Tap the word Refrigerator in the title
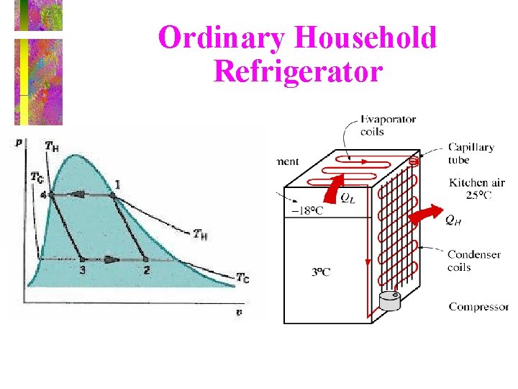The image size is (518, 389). click(x=297, y=71)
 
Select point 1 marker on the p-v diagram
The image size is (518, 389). click(x=112, y=194)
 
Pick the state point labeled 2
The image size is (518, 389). click(x=145, y=259)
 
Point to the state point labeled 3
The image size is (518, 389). click(x=82, y=259)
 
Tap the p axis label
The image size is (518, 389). click(x=19, y=142)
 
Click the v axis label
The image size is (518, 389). click(x=240, y=311)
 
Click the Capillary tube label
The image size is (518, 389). click(x=471, y=153)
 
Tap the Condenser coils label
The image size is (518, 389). click(x=469, y=261)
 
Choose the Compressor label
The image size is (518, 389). click(x=478, y=307)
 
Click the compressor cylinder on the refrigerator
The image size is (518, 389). click(x=393, y=300)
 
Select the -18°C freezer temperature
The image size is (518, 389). click(x=307, y=210)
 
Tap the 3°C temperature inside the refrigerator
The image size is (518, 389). click(x=321, y=272)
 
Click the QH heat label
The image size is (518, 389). click(x=453, y=220)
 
